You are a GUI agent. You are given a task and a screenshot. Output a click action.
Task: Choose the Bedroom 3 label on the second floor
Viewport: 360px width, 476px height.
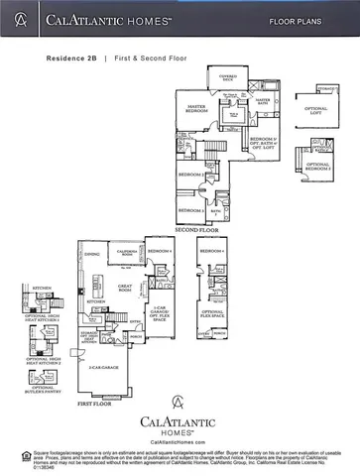(191, 209)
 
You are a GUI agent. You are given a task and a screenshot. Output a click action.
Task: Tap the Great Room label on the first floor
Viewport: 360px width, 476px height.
(126, 288)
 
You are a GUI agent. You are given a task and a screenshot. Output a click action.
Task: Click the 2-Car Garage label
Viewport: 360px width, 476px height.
(102, 368)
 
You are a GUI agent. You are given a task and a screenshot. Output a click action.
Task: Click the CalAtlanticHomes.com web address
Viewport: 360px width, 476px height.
(180, 442)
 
